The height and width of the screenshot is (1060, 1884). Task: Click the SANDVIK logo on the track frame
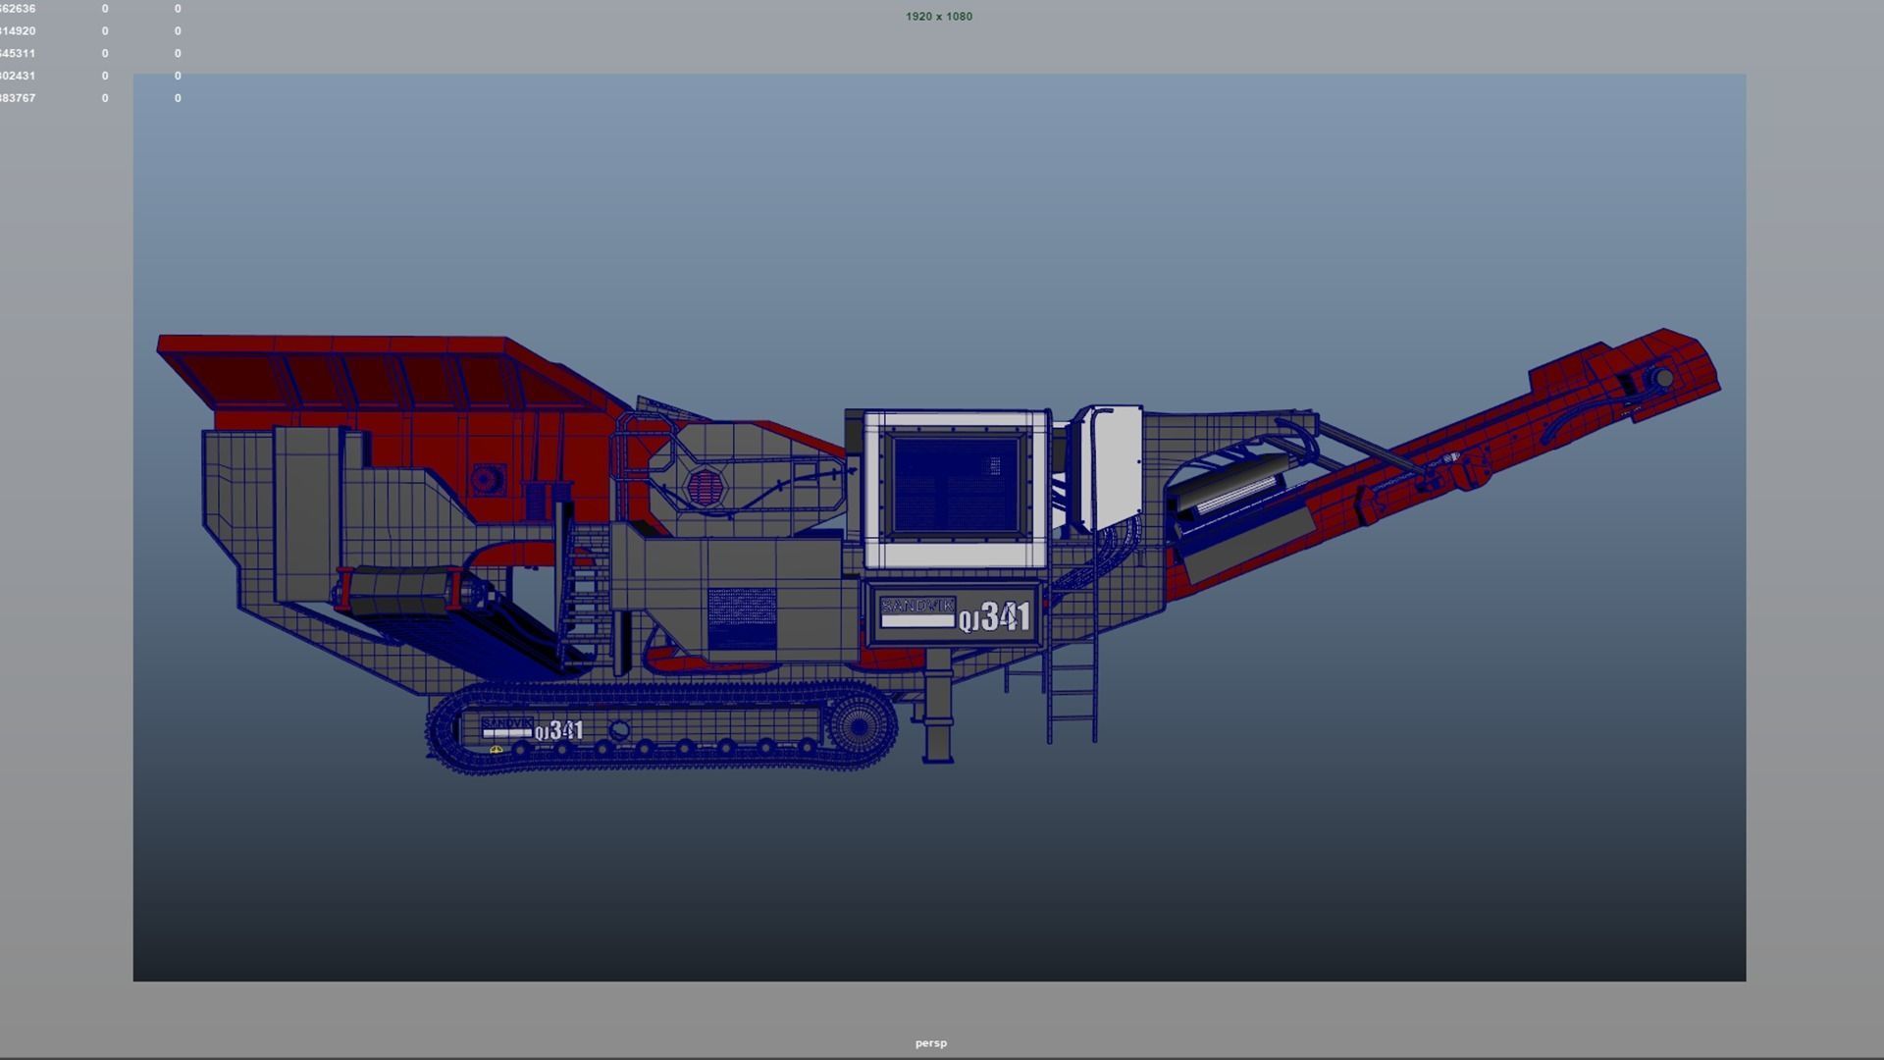point(506,724)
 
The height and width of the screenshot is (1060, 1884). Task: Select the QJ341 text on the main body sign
point(995,617)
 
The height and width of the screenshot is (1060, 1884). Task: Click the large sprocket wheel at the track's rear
point(858,726)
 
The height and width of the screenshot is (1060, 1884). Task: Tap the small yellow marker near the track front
point(496,750)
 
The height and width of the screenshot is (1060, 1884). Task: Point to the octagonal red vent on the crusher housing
point(704,486)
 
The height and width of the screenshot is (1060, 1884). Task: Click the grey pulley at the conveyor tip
point(1663,379)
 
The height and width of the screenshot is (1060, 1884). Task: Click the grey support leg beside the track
point(938,716)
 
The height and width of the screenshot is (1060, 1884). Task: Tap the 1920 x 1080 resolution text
point(938,17)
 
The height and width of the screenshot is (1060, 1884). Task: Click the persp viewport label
point(930,1043)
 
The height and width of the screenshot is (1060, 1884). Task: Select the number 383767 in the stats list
point(18,98)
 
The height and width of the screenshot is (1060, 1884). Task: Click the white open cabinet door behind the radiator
point(1115,466)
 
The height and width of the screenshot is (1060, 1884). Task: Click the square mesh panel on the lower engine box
point(742,618)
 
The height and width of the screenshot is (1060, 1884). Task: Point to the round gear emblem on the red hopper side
point(483,479)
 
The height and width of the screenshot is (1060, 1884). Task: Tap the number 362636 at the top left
point(18,9)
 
